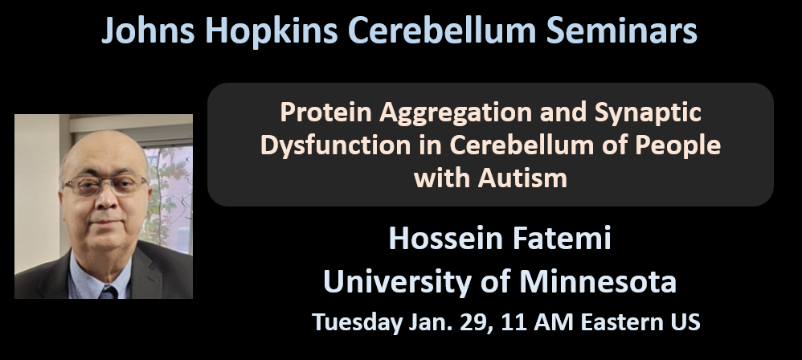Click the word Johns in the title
point(148,31)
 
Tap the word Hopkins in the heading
point(271,31)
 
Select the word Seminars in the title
point(621,31)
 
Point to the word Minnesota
point(598,282)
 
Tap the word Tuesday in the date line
point(357,323)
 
